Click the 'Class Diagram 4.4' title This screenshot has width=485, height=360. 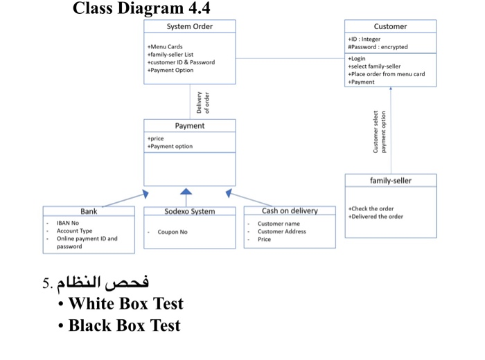pyautogui.click(x=141, y=9)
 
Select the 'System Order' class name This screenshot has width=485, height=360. pyautogui.click(x=189, y=26)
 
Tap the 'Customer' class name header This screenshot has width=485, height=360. pyautogui.click(x=390, y=26)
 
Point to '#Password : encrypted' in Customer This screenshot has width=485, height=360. pyautogui.click(x=378, y=47)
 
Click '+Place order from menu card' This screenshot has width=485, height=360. pyautogui.click(x=387, y=74)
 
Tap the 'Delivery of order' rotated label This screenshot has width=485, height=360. pyautogui.click(x=203, y=102)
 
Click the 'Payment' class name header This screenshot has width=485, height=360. pyautogui.click(x=189, y=126)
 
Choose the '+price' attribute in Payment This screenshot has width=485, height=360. pyautogui.click(x=156, y=138)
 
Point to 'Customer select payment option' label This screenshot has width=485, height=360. pyautogui.click(x=380, y=132)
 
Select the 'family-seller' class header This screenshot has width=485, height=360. pyautogui.click(x=390, y=181)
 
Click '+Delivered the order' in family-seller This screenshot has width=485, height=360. pyautogui.click(x=376, y=217)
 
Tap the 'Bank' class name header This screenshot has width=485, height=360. pyautogui.click(x=89, y=211)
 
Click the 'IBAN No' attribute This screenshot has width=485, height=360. pyautogui.click(x=68, y=224)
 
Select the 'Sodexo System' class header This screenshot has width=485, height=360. pyautogui.click(x=189, y=212)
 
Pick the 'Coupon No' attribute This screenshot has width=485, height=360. pyautogui.click(x=173, y=232)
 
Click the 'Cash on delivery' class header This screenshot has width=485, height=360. pyautogui.click(x=290, y=211)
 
